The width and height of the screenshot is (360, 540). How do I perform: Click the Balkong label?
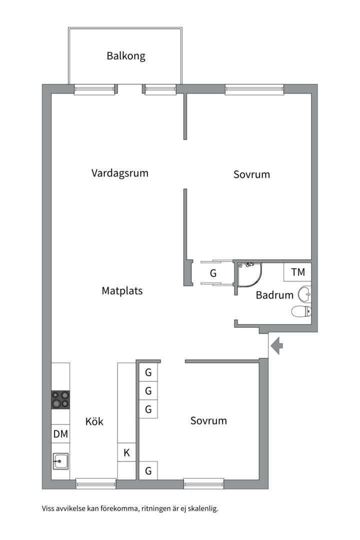coord(125,56)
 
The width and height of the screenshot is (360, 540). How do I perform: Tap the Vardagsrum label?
coord(120,173)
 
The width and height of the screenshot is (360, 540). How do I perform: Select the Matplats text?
coord(122,290)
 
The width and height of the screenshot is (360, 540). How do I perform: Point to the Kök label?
coord(94,421)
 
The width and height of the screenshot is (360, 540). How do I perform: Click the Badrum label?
coord(274,295)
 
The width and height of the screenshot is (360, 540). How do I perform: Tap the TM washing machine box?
coord(297,272)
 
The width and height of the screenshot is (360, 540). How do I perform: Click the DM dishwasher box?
coord(60,434)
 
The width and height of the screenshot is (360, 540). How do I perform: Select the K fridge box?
coord(126,452)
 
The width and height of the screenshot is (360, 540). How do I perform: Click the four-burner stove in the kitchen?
coord(60,400)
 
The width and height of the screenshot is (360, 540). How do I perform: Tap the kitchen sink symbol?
coord(60,461)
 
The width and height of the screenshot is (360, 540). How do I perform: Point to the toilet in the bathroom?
coord(301,311)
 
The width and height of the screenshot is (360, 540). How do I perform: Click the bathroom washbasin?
coord(304,294)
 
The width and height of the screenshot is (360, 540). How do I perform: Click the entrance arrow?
coord(276,346)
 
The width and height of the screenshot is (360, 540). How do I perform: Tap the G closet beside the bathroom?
coord(213,273)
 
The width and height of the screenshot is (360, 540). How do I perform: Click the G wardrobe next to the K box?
coord(148,470)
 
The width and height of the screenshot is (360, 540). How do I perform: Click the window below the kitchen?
coord(96,483)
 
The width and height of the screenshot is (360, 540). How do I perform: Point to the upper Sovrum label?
coord(251,174)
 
